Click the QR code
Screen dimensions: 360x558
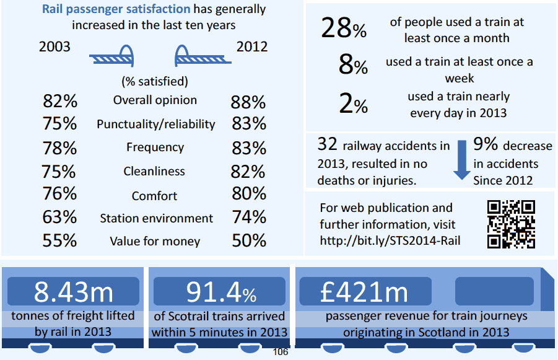coord(511,224)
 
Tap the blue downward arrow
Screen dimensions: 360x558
coord(462,159)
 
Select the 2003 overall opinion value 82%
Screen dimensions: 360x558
coord(59,102)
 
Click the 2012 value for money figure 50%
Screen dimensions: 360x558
coord(249,240)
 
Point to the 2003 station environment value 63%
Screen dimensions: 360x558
coord(59,217)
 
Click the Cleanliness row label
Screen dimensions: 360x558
coord(154,171)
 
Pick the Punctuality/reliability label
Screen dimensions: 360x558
coord(156,124)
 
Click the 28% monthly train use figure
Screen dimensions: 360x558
coord(344,29)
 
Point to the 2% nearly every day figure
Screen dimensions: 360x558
coord(353,104)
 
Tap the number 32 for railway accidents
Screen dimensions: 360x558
coord(326,145)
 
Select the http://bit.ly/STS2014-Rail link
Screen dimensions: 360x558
coord(390,240)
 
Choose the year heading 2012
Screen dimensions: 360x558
coord(252,47)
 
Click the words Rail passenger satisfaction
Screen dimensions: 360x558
coord(116,9)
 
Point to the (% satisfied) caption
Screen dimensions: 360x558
coord(155,81)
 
